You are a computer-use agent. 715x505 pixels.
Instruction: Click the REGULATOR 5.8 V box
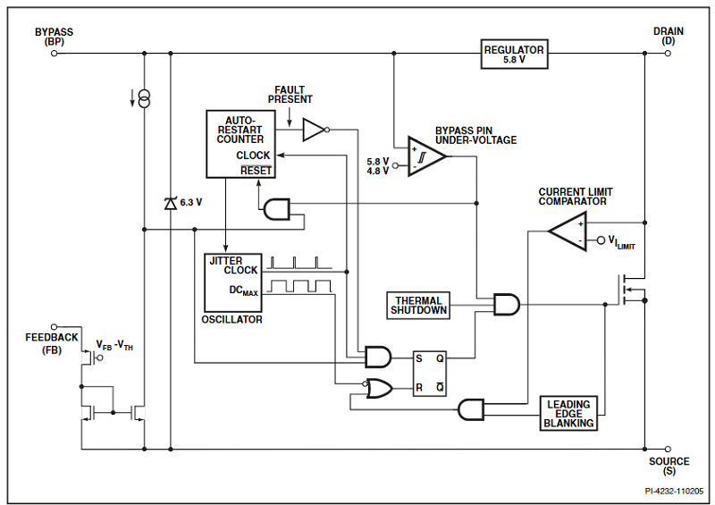click(513, 53)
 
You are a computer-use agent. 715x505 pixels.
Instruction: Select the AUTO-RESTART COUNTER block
click(240, 143)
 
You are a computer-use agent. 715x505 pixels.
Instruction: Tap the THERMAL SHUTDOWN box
click(418, 305)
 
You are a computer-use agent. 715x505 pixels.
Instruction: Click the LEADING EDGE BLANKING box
click(568, 413)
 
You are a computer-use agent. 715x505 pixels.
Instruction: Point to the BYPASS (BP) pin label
click(55, 37)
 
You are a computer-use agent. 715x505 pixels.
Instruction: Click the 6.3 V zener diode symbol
click(170, 204)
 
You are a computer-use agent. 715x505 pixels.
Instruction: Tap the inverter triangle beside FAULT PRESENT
click(315, 130)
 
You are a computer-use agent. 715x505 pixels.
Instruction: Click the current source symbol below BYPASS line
click(144, 98)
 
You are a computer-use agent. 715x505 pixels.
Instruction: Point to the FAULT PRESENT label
click(290, 95)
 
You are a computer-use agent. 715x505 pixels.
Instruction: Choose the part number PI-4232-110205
click(674, 491)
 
